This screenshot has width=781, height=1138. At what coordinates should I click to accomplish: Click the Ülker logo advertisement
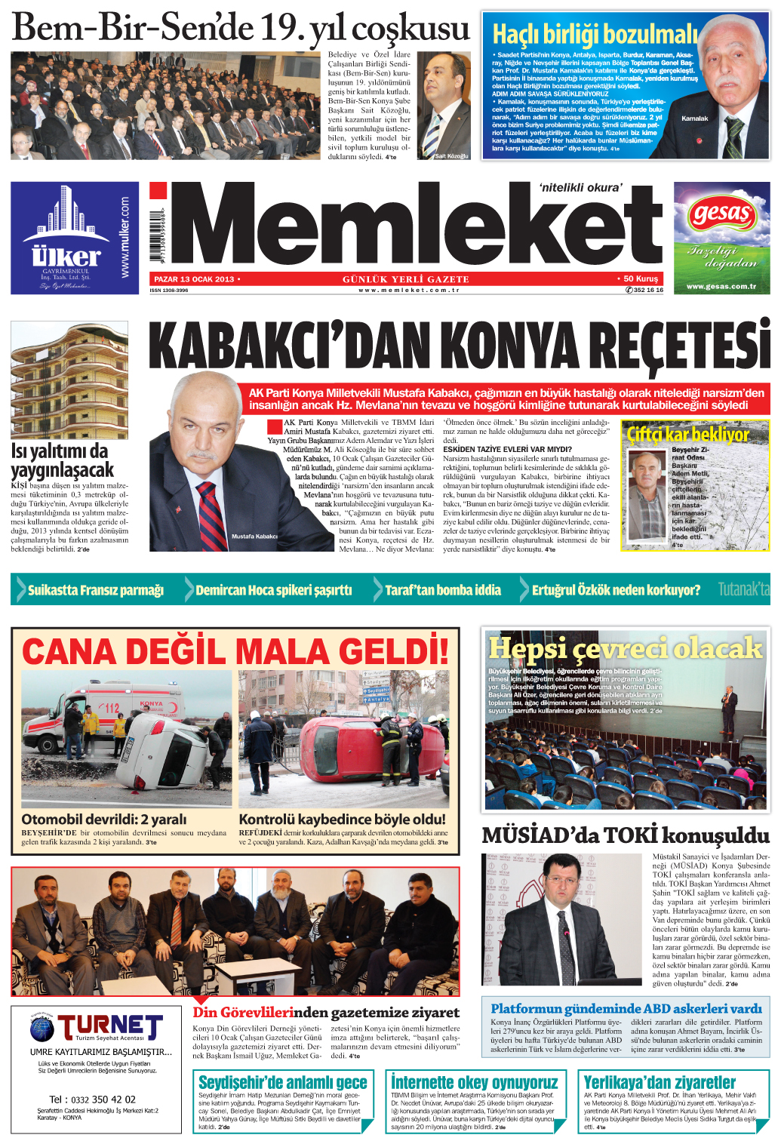coord(70,238)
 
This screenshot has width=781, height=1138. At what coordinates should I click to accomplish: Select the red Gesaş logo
coord(722,214)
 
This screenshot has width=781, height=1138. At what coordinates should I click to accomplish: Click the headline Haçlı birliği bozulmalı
coord(595,34)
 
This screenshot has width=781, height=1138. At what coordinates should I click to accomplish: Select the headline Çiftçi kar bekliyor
coord(687,435)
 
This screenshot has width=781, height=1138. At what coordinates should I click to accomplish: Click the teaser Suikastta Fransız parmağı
coord(96,590)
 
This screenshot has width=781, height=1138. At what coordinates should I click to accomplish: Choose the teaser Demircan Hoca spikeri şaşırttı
coord(273,590)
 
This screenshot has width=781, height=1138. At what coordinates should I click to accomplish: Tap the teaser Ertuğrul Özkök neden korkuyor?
coord(616,590)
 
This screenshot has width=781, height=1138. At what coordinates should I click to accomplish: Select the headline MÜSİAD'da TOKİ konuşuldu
coord(626,835)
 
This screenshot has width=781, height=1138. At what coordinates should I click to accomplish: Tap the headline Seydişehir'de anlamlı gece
coord(283,1082)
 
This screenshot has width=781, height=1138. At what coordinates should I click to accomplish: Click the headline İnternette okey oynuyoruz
coord(475,1082)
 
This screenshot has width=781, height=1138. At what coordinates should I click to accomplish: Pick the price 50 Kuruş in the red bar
coord(641,278)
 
